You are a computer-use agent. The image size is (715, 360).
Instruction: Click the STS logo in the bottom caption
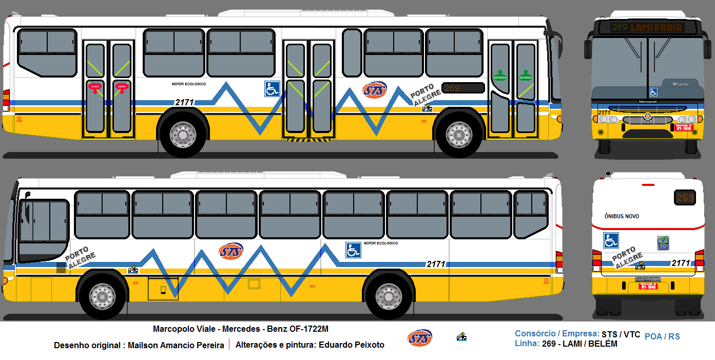pyautogui.click(x=419, y=337)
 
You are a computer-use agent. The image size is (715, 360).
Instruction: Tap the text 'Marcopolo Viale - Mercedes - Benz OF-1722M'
pyautogui.click(x=241, y=329)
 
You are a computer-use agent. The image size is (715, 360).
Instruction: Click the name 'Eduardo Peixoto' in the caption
pyautogui.click(x=351, y=345)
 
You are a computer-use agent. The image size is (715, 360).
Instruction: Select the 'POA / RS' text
pyautogui.click(x=662, y=336)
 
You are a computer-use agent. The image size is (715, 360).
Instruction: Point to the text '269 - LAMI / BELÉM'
pyautogui.click(x=579, y=344)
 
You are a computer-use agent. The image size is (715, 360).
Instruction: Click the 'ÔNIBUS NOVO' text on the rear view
pyautogui.click(x=622, y=216)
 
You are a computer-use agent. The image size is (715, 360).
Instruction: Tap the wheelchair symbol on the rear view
pyautogui.click(x=610, y=240)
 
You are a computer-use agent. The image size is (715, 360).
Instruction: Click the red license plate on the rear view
pyautogui.click(x=648, y=287)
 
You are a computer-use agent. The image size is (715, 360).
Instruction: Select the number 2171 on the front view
pyautogui.click(x=604, y=112)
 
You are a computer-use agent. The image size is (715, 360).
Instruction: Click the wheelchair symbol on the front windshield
pyautogui.click(x=653, y=92)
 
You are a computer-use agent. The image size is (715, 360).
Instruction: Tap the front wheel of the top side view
pyautogui.click(x=459, y=135)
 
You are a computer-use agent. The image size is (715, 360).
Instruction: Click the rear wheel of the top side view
pyautogui.click(x=183, y=135)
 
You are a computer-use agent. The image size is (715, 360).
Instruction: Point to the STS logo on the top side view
pyautogui.click(x=375, y=90)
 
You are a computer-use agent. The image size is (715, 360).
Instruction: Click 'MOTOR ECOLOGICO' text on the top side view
pyautogui.click(x=188, y=84)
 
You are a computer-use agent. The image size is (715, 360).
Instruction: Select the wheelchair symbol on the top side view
pyautogui.click(x=272, y=89)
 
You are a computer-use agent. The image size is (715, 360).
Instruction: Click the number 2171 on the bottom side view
pyautogui.click(x=436, y=264)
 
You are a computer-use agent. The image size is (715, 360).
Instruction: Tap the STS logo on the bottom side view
pyautogui.click(x=230, y=251)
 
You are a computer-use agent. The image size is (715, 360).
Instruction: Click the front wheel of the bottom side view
pyautogui.click(x=103, y=296)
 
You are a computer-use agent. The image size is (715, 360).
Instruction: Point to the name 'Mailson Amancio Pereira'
pyautogui.click(x=176, y=345)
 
